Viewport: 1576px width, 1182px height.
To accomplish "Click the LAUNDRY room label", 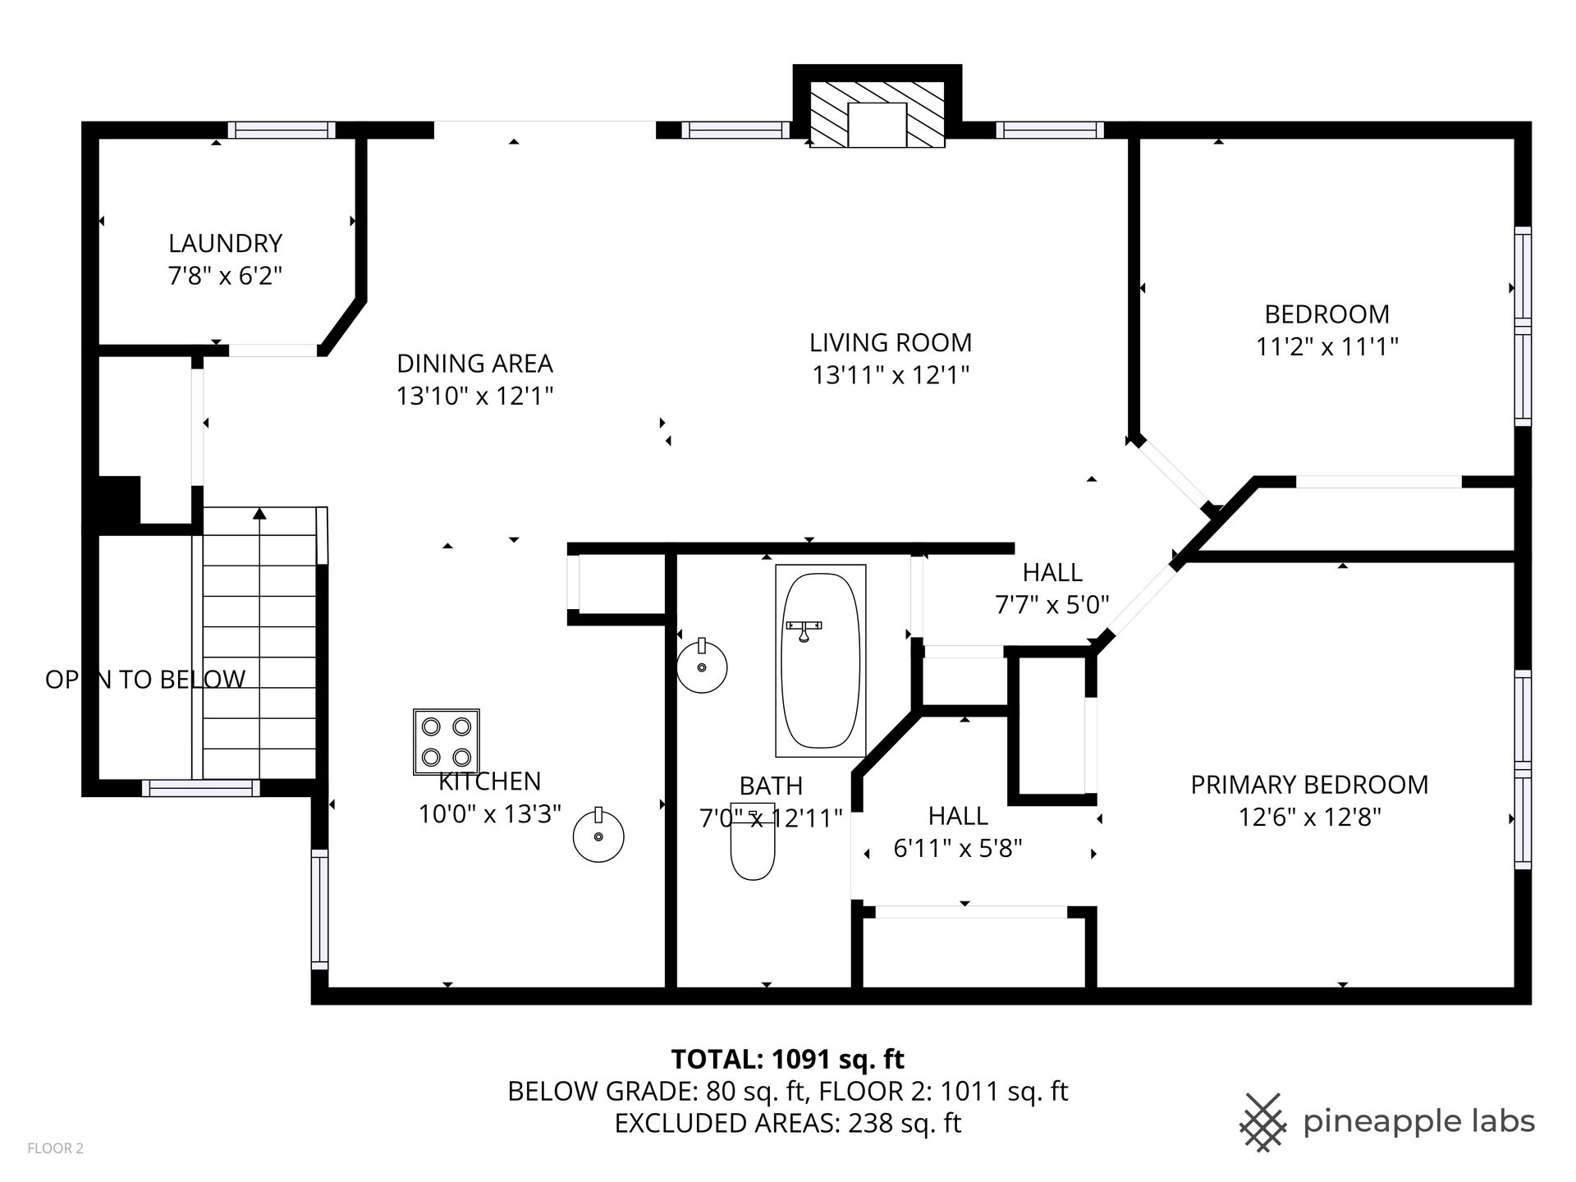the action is (x=225, y=244).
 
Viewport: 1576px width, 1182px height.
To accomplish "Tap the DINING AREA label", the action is (x=474, y=364).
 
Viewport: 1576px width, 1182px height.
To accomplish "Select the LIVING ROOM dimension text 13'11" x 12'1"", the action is (x=891, y=375).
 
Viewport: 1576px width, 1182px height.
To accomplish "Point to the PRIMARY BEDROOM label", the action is (x=1309, y=785).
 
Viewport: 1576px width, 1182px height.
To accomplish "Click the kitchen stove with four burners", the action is (x=446, y=742).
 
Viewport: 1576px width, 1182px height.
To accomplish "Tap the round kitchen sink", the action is (x=598, y=835).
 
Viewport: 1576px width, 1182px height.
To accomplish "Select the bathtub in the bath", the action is (x=820, y=660).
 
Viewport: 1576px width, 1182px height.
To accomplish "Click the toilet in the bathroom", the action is (x=753, y=842).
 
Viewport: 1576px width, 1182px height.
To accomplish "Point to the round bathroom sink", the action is (x=702, y=665).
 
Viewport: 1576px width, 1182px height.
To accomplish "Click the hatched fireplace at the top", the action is (x=877, y=114).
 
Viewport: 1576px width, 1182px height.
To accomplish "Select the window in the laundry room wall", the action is (x=282, y=130).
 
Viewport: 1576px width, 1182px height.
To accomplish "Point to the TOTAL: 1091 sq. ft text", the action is (x=788, y=1060).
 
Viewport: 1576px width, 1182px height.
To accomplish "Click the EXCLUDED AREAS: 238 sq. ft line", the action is (x=788, y=1123).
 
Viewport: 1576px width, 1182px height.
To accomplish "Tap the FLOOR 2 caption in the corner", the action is (x=56, y=1148).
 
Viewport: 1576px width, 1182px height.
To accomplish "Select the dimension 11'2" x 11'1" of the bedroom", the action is (x=1326, y=347).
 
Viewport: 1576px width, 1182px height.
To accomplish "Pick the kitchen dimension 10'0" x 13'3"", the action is (x=490, y=814).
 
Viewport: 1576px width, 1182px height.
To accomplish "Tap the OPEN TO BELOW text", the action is (x=145, y=680).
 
